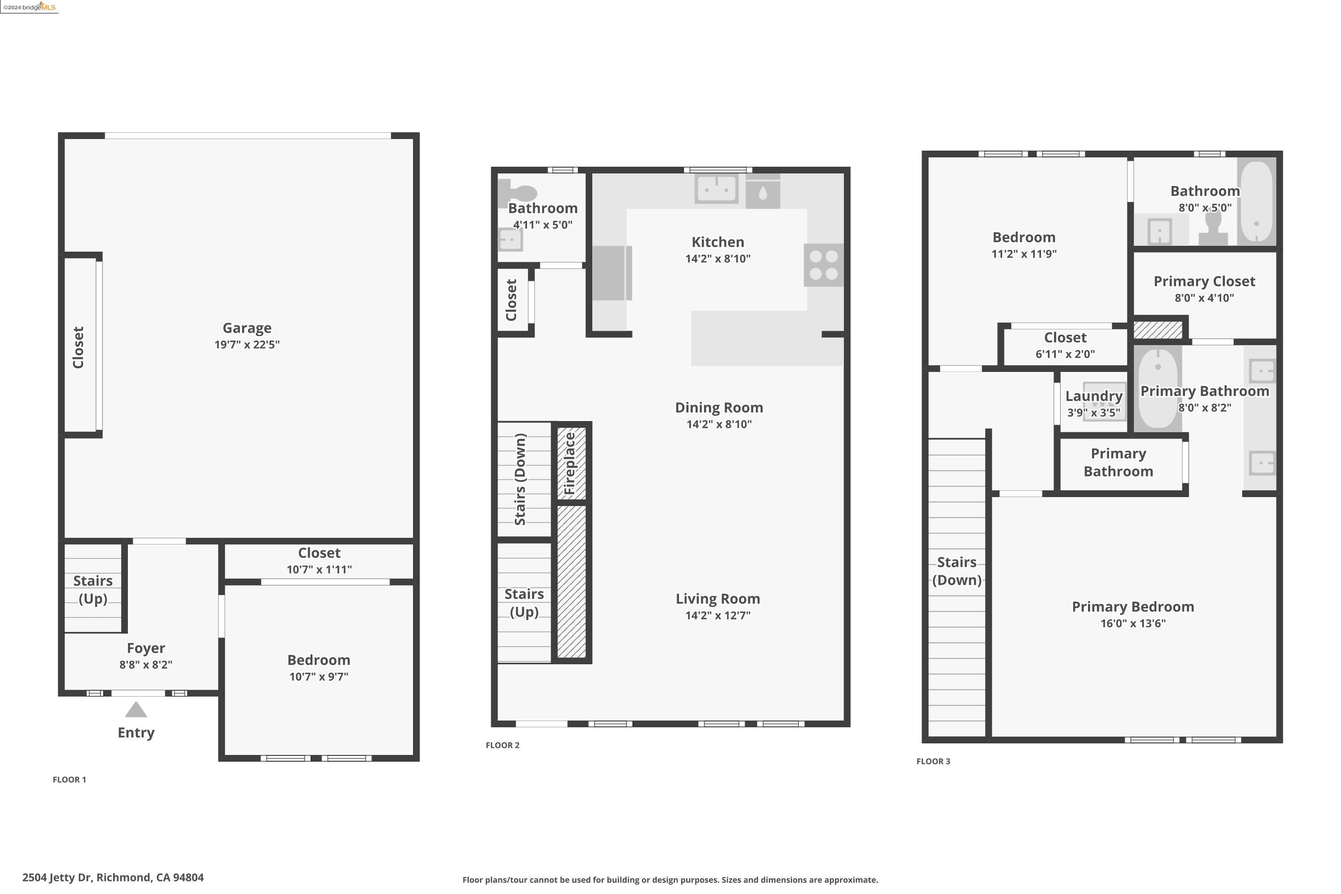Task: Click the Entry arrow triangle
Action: [136, 710]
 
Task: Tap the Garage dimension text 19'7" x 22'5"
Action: [247, 344]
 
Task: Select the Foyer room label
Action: [146, 648]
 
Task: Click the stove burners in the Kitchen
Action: [823, 265]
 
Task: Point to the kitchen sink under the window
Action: [716, 188]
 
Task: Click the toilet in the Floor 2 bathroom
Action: [518, 193]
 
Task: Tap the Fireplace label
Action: [570, 464]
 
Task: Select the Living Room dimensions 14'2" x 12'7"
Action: [718, 615]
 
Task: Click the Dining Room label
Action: [718, 408]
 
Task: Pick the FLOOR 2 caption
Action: [502, 745]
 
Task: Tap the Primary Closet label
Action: [1204, 281]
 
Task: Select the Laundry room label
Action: [1093, 396]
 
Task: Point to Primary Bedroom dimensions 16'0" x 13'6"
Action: [1132, 623]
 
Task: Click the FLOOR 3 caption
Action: [933, 761]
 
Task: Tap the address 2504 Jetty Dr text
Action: [113, 877]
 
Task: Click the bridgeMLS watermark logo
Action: [30, 7]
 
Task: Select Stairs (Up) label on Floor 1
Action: [93, 590]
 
